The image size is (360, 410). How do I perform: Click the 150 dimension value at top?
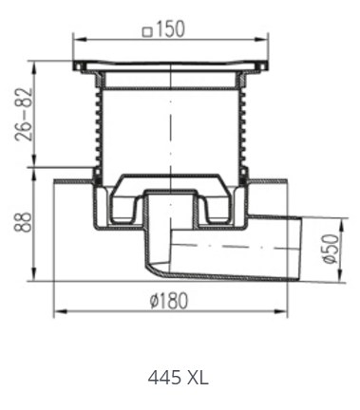pos(170,29)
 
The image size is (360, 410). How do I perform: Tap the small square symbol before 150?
pos(147,32)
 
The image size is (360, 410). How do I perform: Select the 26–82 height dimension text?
pos(24,114)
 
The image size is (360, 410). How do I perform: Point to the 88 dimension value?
pos(23,222)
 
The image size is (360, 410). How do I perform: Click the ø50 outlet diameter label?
pos(332,249)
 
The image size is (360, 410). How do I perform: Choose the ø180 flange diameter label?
pos(169,301)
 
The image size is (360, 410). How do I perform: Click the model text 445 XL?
pos(179,378)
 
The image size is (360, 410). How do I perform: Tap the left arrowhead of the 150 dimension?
pos(79,40)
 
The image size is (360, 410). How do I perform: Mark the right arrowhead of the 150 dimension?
pos(262,40)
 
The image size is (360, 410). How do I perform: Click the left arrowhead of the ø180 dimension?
pos(61,312)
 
